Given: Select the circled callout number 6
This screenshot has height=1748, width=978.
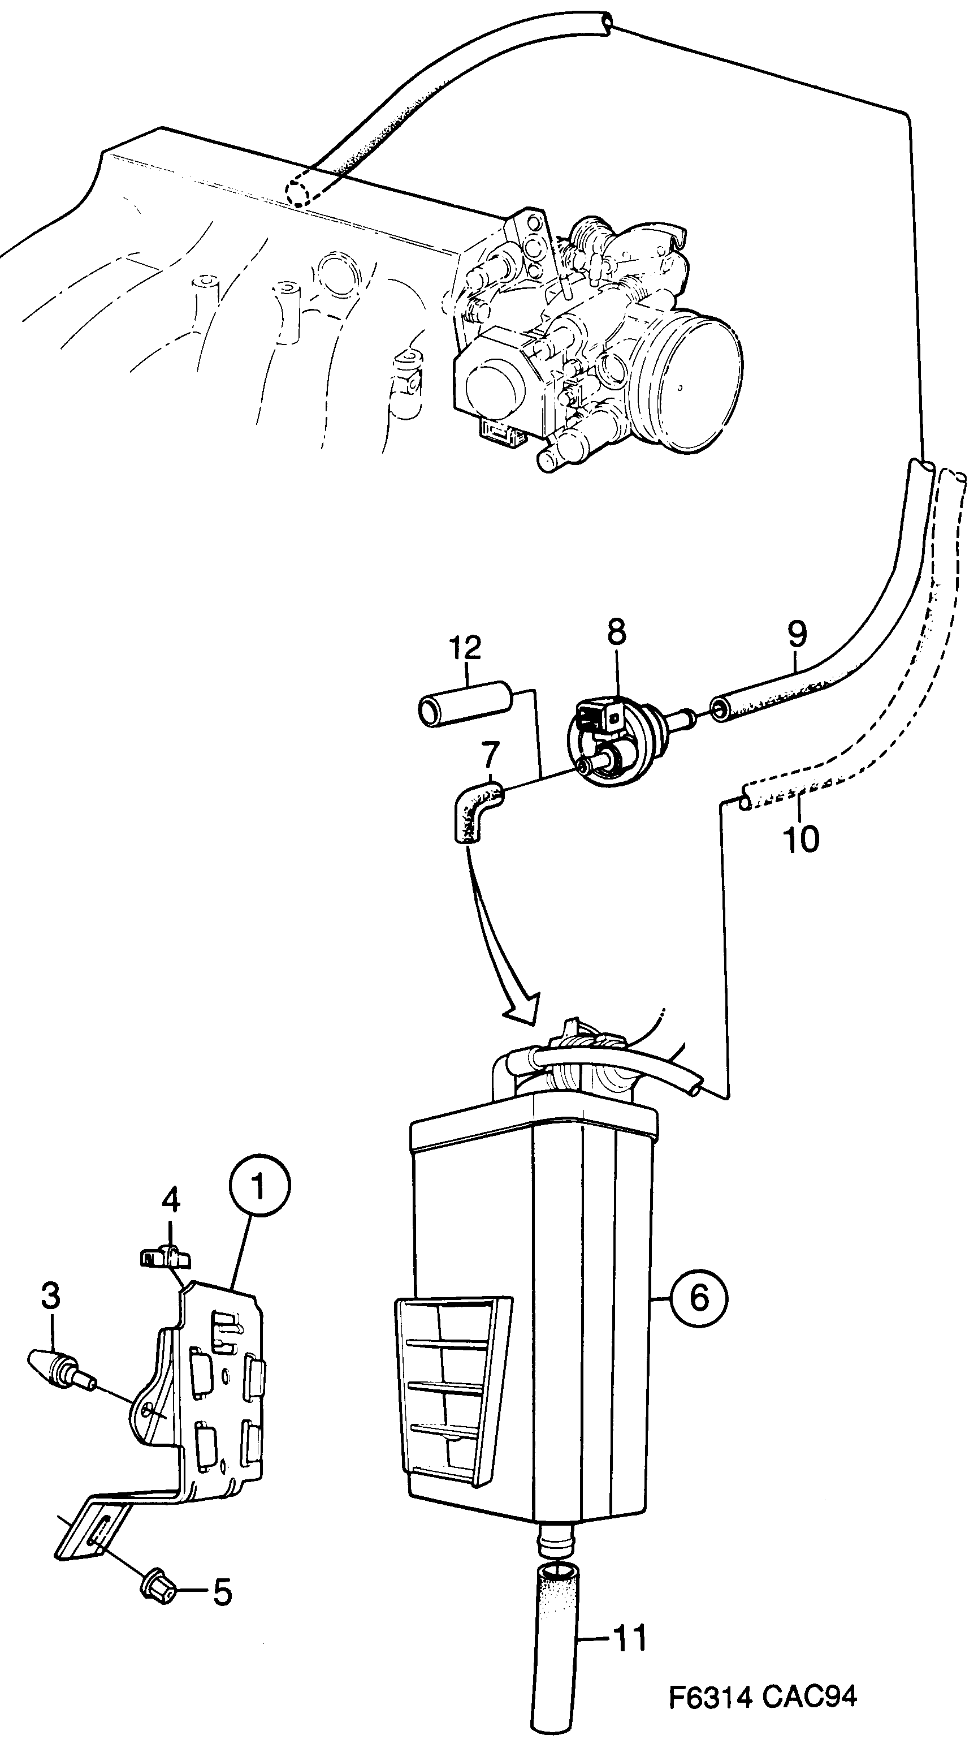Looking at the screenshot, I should [699, 1298].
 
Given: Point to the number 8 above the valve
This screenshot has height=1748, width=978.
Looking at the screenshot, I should [617, 632].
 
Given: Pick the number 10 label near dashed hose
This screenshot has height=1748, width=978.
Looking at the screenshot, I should [801, 839].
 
